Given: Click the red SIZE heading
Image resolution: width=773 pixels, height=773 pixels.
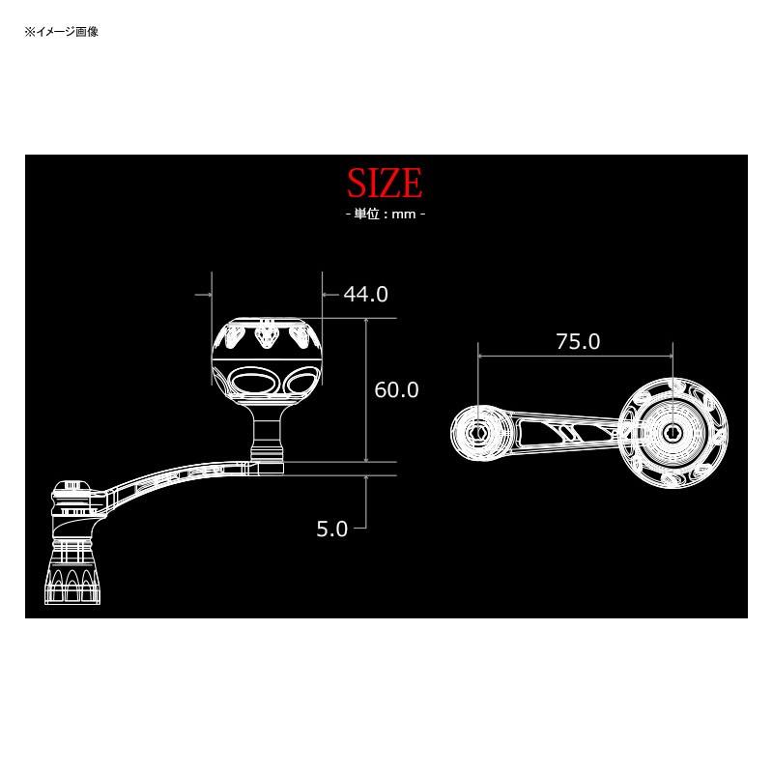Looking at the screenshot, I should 385,183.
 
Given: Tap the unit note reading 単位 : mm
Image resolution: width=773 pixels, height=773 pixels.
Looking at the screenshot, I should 385,214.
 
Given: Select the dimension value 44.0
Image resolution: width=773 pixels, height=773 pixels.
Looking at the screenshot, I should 365,294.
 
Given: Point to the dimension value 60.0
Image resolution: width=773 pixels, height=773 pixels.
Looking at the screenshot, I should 396,389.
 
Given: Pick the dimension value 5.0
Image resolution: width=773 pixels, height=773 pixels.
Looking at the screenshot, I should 331,529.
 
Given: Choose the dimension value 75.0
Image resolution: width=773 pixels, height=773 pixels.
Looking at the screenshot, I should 578,341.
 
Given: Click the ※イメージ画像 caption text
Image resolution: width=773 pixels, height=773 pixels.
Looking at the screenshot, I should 62,32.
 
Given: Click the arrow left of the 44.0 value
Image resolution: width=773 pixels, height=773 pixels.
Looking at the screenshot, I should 329,294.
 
